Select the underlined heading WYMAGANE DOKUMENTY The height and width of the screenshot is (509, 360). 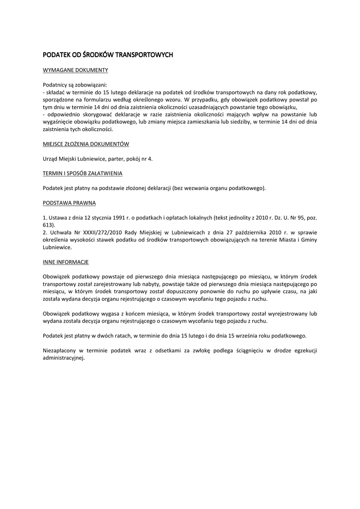pyautogui.click(x=75, y=71)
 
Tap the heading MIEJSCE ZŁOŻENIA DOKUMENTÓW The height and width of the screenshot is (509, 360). pyautogui.click(x=86, y=144)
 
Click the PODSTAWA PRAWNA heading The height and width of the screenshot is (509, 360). pyautogui.click(x=70, y=203)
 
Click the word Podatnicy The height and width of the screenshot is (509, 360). pyautogui.click(x=56, y=85)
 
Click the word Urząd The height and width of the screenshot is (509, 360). pyautogui.click(x=51, y=159)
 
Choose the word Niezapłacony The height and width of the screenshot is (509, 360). pyautogui.click(x=62, y=350)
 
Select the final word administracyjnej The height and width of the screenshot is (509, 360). pyautogui.click(x=64, y=357)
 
